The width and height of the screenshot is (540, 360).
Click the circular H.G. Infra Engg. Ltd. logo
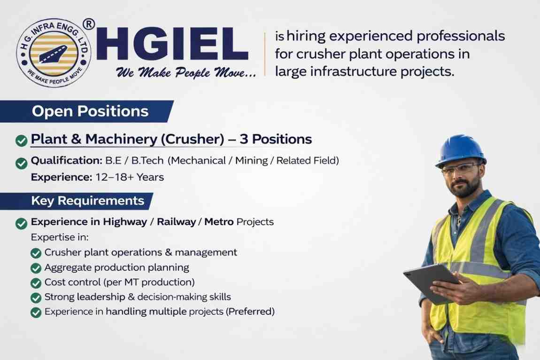coord(54,52)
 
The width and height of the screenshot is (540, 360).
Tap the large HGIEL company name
coord(172,44)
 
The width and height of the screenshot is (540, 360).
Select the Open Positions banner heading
coord(90,111)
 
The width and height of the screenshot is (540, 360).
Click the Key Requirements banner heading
coord(87,201)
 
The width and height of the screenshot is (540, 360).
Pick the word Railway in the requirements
coord(176,221)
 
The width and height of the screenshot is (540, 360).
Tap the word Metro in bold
coord(219,221)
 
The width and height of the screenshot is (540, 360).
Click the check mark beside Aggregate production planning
coord(36,268)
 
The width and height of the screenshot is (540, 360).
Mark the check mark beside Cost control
coord(36,283)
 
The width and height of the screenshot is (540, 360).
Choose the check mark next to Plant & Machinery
coord(21,140)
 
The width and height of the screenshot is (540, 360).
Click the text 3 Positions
coord(276,139)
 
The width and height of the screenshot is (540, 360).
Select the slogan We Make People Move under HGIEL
coord(186,72)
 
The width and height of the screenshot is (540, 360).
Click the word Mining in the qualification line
coord(252,161)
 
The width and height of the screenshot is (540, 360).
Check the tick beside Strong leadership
coord(36,297)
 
